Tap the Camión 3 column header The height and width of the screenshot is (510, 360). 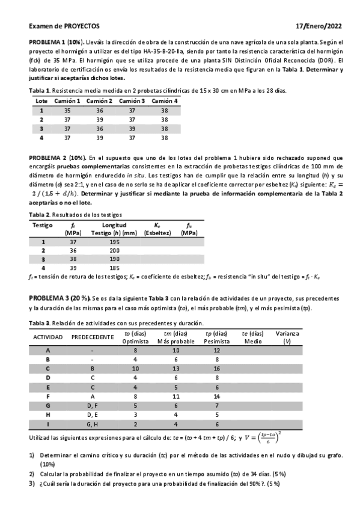(x=132, y=101)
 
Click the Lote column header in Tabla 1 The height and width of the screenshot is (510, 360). (x=41, y=101)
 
